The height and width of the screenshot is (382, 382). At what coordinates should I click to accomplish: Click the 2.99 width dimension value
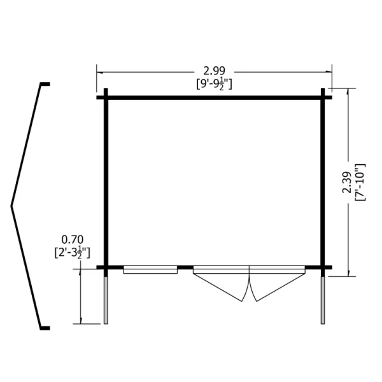point(214,71)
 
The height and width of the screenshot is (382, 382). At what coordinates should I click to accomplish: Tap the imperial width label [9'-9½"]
point(214,85)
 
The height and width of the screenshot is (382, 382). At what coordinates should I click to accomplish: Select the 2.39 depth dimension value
point(347,182)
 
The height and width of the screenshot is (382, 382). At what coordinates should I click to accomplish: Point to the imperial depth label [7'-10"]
point(360,182)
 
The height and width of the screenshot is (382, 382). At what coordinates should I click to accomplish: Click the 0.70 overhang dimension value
point(73,239)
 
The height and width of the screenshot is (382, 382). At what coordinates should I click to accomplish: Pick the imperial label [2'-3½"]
point(73,253)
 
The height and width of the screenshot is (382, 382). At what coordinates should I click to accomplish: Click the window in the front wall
point(150,270)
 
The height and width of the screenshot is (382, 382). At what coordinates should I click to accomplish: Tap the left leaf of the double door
point(221,283)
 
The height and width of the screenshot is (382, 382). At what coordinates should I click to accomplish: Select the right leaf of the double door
point(277,283)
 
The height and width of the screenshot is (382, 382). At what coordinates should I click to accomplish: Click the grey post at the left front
point(106,301)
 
